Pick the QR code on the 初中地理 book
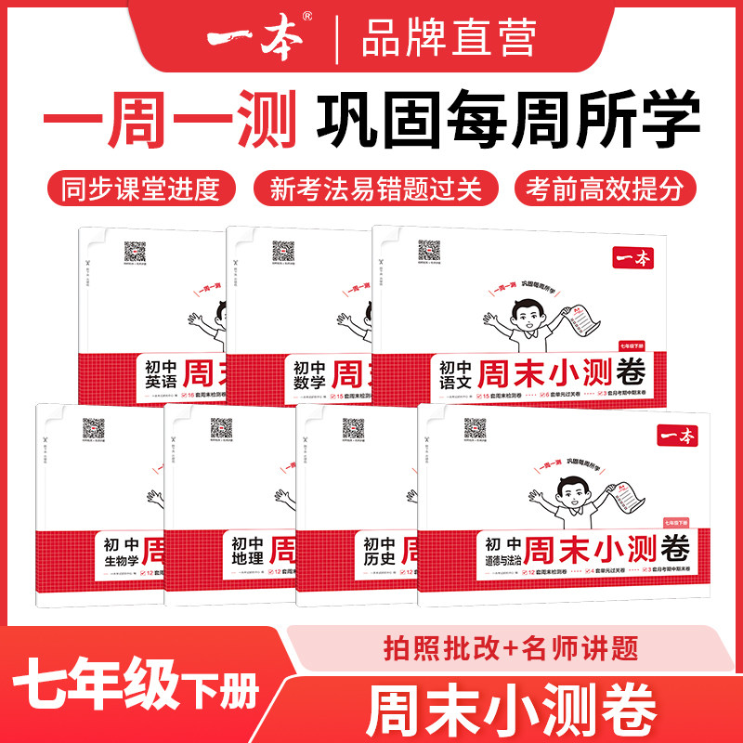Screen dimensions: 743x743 coord(221,429)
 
